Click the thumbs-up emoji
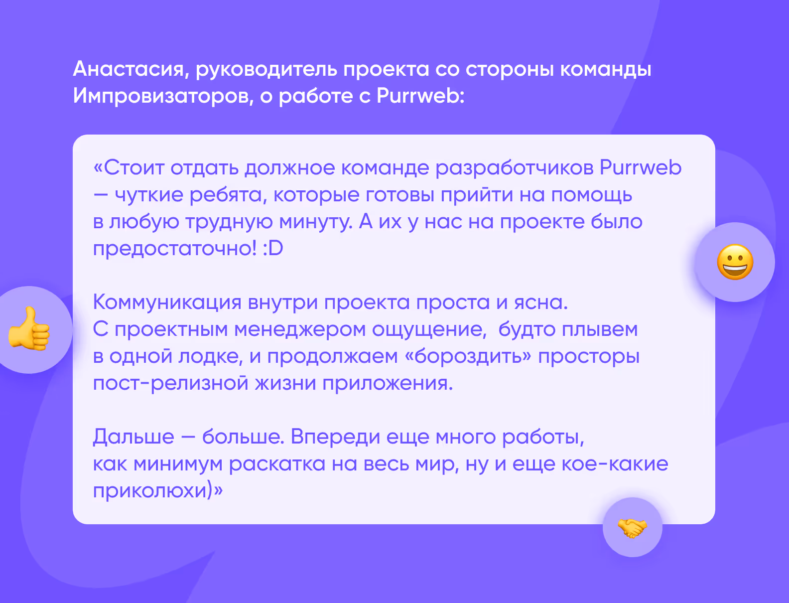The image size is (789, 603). pyautogui.click(x=29, y=329)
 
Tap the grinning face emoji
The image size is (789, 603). pyautogui.click(x=735, y=262)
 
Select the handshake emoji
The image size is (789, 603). pyautogui.click(x=632, y=527)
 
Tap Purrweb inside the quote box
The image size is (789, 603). pyautogui.click(x=640, y=167)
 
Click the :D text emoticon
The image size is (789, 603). pyautogui.click(x=273, y=248)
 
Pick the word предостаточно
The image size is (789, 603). pyautogui.click(x=174, y=248)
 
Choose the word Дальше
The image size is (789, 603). pyautogui.click(x=133, y=437)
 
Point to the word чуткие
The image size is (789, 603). pyautogui.click(x=149, y=194)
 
